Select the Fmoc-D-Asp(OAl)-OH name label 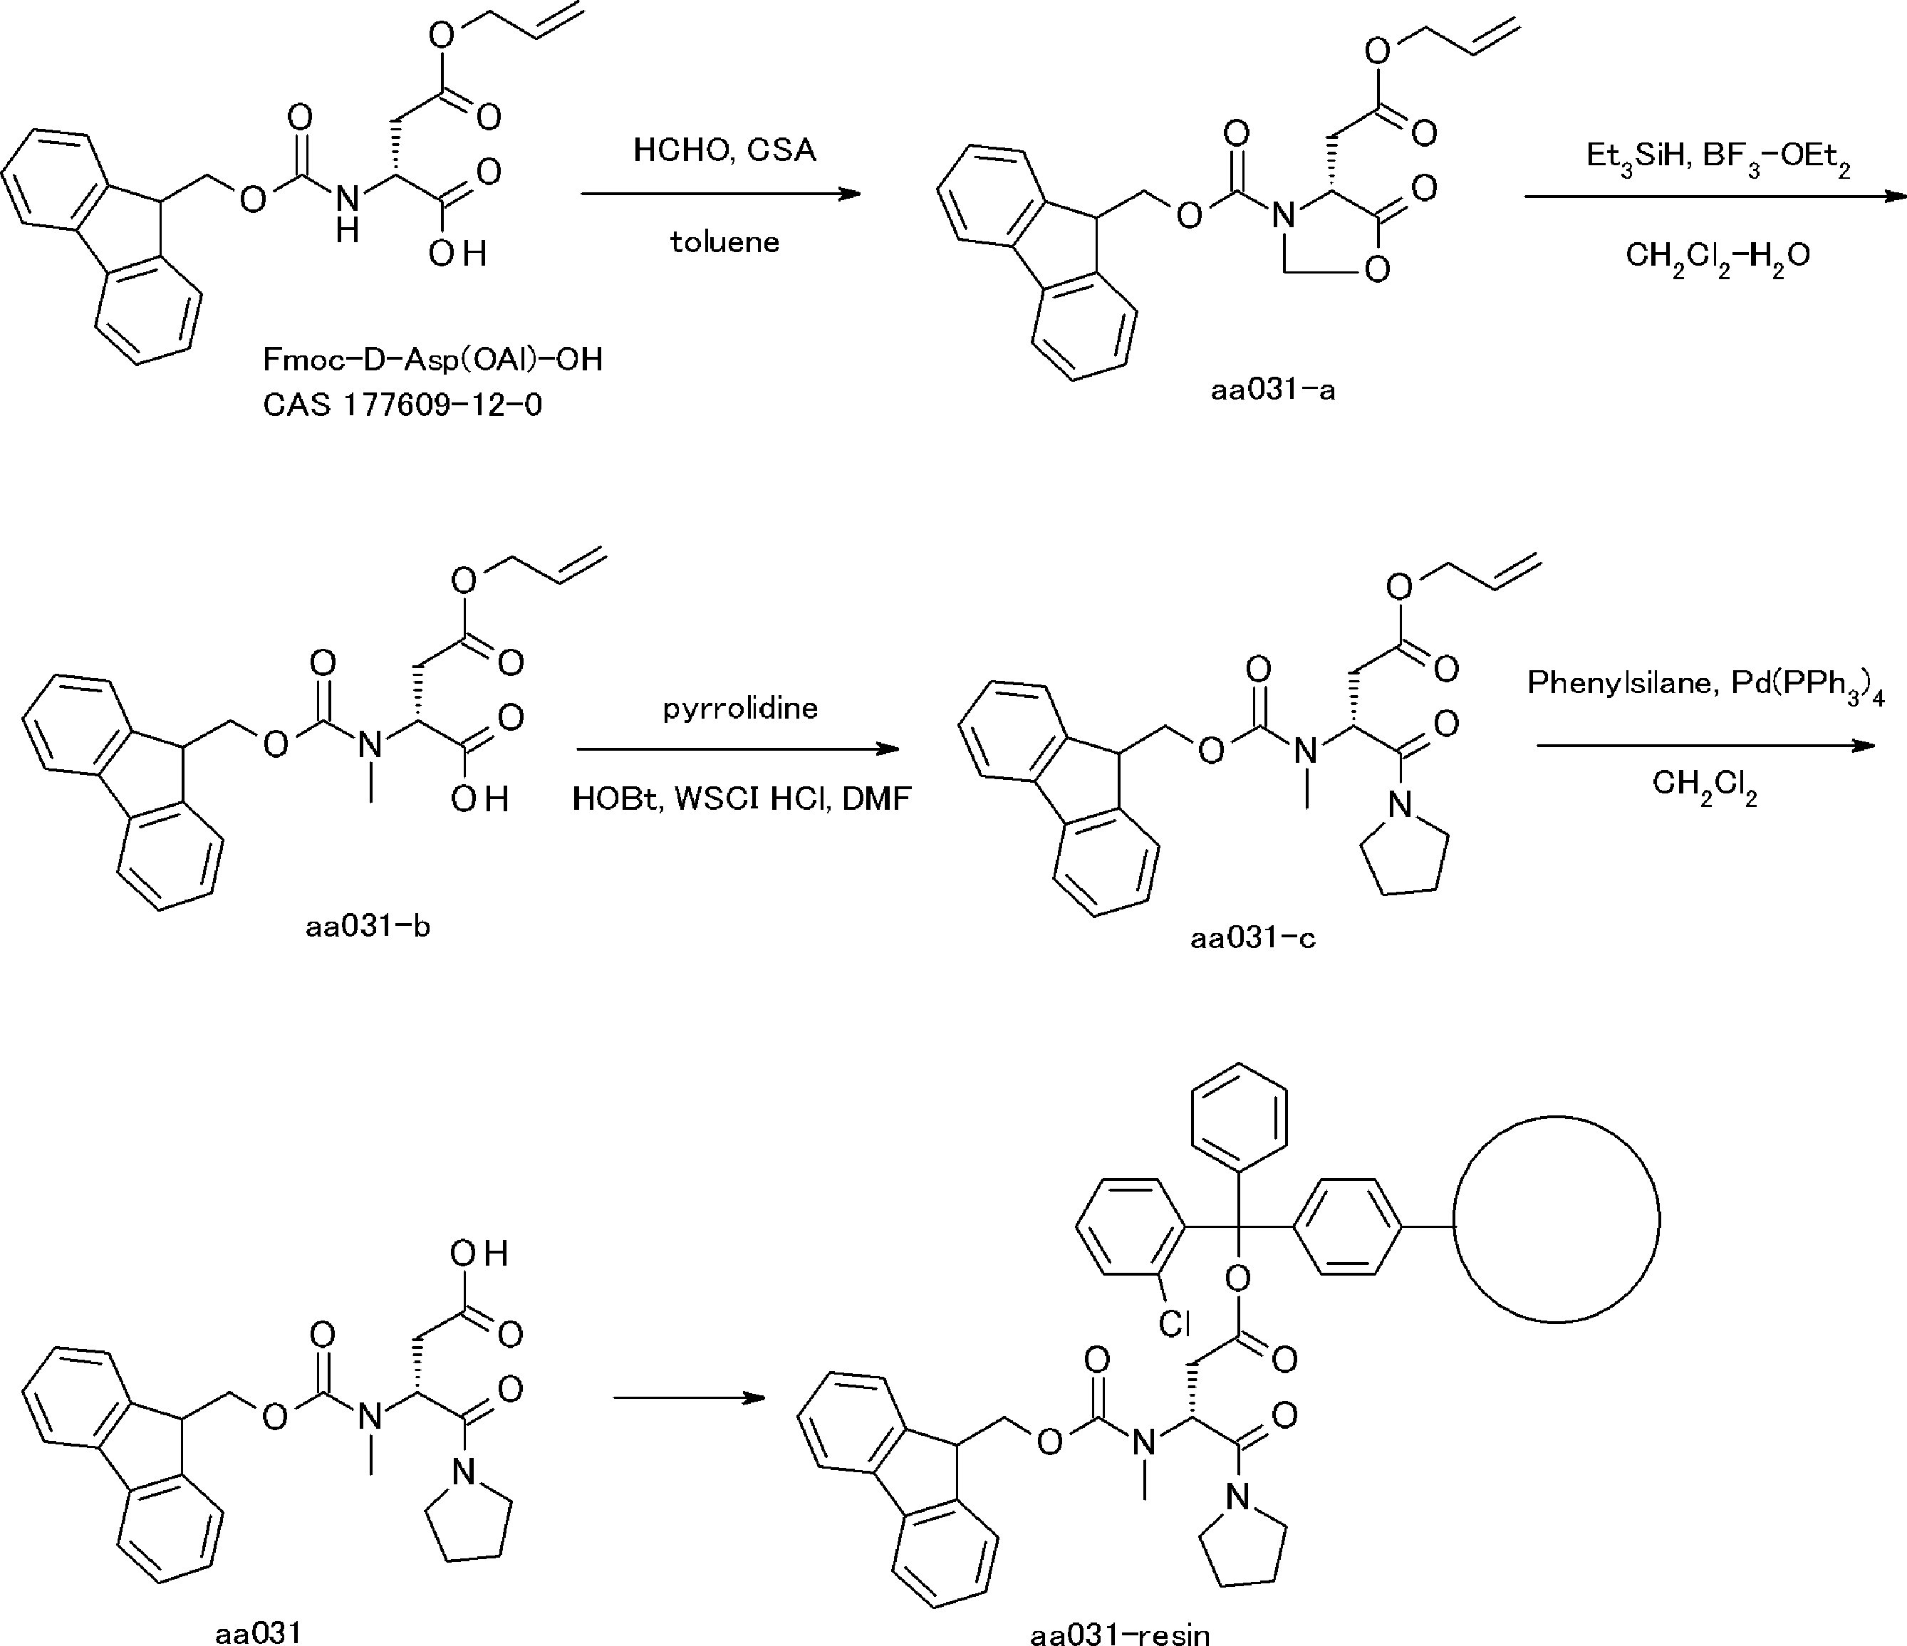click(432, 360)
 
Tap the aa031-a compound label click(1273, 391)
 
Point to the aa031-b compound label click(368, 927)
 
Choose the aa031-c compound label click(1252, 939)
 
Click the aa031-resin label click(1120, 1634)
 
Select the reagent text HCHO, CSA click(724, 150)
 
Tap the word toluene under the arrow click(724, 242)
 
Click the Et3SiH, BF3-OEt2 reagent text click(1718, 157)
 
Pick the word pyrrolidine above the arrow click(740, 709)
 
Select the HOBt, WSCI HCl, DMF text click(741, 798)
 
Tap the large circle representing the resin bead click(1454, 1220)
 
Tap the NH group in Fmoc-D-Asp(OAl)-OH click(347, 212)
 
